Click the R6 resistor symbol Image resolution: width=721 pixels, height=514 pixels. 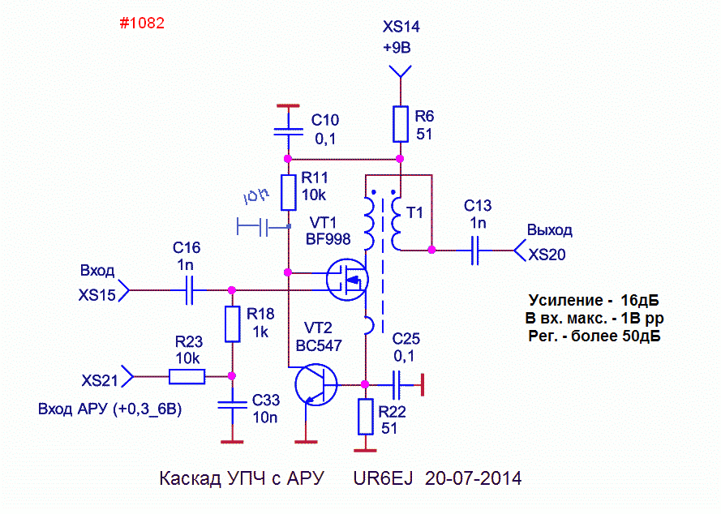[x=401, y=124]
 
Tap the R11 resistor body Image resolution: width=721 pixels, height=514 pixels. [x=288, y=193]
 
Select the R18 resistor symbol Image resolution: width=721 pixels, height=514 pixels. [x=232, y=324]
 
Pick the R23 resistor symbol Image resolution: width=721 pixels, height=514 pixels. [x=187, y=376]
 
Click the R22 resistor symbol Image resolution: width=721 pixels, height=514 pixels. [x=366, y=417]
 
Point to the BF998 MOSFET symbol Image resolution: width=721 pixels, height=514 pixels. [x=347, y=280]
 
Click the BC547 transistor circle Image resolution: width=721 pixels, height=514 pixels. [x=316, y=384]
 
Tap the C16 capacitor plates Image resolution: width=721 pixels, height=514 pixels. [x=189, y=290]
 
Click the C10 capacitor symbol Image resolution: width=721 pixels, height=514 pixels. [x=288, y=132]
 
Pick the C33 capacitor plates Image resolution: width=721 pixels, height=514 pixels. [x=232, y=405]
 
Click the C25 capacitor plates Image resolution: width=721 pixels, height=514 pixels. [x=397, y=385]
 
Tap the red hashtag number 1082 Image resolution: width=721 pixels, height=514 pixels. [x=142, y=23]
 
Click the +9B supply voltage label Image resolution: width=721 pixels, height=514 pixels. [x=397, y=47]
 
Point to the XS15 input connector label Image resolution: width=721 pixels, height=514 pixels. [x=97, y=295]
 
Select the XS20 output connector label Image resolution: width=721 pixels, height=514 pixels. [x=547, y=255]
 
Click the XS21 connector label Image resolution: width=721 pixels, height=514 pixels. [x=100, y=380]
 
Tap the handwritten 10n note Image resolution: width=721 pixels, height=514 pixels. [x=255, y=197]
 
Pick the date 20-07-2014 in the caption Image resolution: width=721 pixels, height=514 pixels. [x=473, y=478]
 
